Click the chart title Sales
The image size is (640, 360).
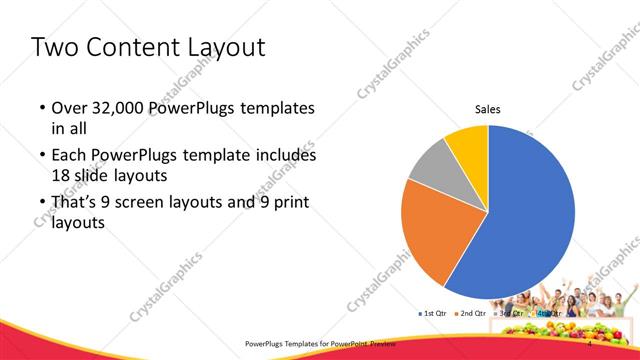487,109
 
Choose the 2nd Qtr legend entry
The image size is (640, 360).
473,314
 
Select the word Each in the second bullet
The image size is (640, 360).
71,156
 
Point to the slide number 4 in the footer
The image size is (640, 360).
590,343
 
